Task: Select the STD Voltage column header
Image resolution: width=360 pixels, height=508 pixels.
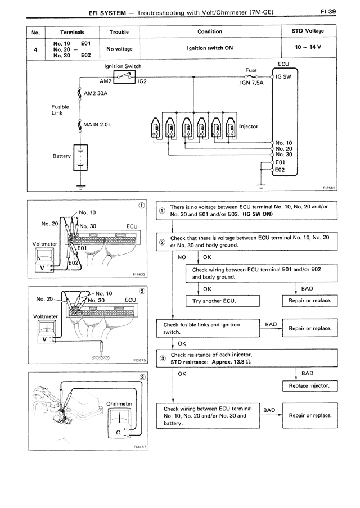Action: tap(308, 32)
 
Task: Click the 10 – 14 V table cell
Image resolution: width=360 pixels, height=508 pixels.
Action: tap(308, 48)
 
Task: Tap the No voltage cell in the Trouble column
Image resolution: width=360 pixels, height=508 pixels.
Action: tap(119, 49)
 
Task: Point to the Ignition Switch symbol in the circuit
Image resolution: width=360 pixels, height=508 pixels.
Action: tap(121, 76)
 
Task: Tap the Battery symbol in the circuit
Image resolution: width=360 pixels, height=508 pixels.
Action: tap(82, 156)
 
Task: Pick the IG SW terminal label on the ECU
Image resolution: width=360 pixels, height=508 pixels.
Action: tap(283, 76)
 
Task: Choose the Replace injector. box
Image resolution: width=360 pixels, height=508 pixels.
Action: tap(309, 386)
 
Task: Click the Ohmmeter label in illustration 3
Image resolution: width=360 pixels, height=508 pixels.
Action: tap(119, 403)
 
